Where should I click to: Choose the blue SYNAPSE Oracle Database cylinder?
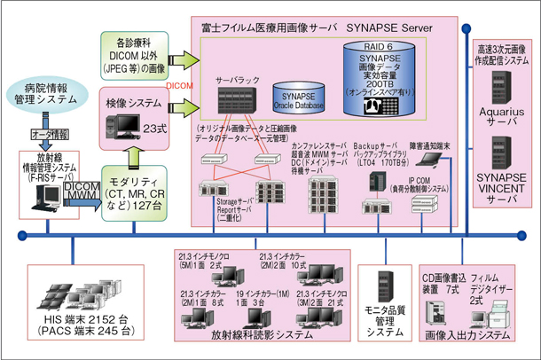299,98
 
